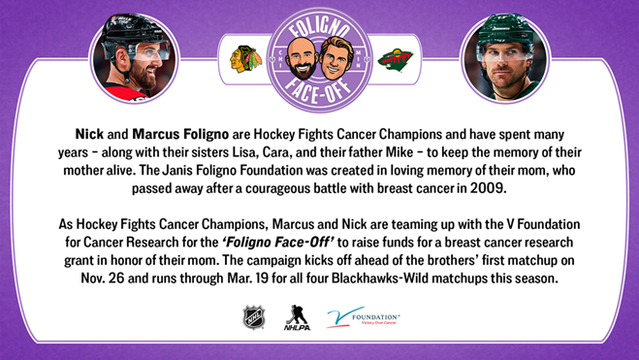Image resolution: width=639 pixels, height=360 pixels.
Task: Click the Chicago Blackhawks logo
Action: tap(245, 59)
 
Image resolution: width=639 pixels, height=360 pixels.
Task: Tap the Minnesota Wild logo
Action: tap(395, 60)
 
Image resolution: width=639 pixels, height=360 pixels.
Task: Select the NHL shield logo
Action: tap(254, 317)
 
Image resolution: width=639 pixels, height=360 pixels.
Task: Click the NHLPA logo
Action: tap(297, 317)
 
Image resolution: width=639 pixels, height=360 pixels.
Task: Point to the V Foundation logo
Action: tap(364, 317)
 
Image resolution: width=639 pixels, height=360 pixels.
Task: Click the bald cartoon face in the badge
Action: tap(302, 58)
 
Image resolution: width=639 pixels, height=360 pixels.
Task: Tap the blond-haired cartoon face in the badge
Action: tap(336, 57)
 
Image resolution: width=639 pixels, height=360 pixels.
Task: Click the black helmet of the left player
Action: tap(131, 34)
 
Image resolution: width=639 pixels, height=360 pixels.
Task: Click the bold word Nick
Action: tap(89, 134)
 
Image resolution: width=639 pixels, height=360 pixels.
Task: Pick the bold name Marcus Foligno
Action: tap(180, 135)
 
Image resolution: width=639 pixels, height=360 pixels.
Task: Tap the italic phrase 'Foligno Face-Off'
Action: tap(278, 243)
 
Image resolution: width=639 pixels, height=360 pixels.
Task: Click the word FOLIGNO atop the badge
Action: tap(319, 28)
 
